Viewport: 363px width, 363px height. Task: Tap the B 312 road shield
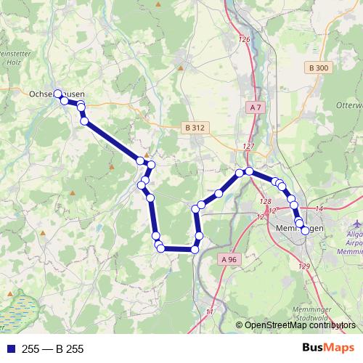tap(195, 127)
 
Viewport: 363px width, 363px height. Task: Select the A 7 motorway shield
tap(254, 107)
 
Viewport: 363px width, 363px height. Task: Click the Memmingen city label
tap(300, 229)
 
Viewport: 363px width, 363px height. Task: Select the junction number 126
tap(243, 39)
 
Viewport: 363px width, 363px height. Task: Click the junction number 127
tap(249, 147)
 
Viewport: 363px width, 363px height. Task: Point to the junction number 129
tap(303, 267)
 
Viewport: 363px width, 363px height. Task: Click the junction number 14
tap(319, 209)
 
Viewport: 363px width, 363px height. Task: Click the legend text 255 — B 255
tap(53, 349)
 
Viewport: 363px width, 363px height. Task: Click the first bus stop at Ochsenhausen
tap(59, 94)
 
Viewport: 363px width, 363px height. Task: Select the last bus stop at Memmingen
tap(304, 232)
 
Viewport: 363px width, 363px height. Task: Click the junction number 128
tap(265, 202)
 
